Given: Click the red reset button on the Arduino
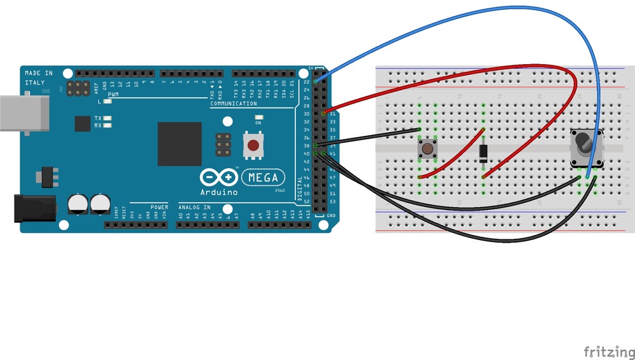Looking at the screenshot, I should click(253, 146).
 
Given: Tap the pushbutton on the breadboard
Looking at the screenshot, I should click(427, 150).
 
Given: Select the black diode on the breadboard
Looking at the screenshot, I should click(483, 153).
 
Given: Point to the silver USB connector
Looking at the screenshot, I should click(23, 113).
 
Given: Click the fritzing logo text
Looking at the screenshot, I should click(608, 350).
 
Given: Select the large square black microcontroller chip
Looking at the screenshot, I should click(180, 144).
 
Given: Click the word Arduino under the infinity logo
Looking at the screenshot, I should click(219, 192).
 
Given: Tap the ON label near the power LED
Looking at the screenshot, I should click(258, 123).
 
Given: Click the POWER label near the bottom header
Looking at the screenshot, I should click(159, 207).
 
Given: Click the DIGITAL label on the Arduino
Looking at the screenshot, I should click(301, 188).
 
